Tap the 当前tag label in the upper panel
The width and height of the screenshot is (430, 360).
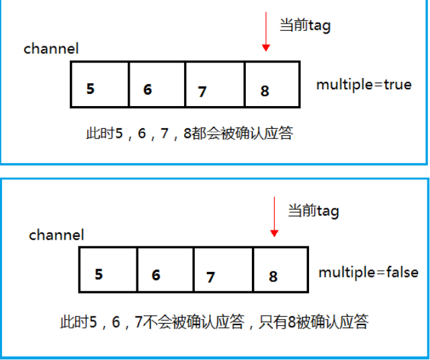[305, 26]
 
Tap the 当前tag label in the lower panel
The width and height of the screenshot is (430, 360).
[314, 211]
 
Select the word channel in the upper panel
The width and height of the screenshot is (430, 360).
[51, 49]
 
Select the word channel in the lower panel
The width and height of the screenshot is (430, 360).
[56, 235]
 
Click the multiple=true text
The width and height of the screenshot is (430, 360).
[364, 85]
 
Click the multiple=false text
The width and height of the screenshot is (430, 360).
[368, 272]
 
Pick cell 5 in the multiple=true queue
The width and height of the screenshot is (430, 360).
[99, 85]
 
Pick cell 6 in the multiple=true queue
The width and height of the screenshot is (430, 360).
[157, 85]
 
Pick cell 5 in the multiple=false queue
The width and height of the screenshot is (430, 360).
[108, 270]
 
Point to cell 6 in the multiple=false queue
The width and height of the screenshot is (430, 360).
[165, 270]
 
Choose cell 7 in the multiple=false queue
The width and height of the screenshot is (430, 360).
[224, 270]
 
